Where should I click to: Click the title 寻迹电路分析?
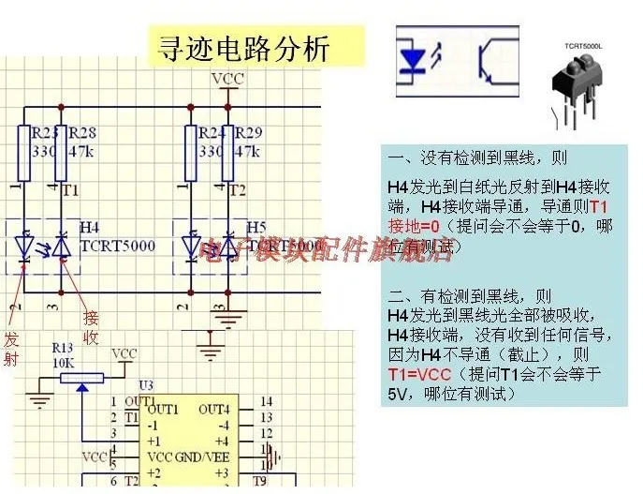point(245,48)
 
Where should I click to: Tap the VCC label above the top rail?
point(227,79)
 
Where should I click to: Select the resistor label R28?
point(82,132)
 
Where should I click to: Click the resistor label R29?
point(248,132)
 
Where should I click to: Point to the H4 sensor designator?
point(90,227)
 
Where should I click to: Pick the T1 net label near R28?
point(70,190)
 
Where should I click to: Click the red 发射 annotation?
point(11,347)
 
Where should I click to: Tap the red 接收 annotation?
point(91,327)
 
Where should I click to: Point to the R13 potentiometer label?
point(62,346)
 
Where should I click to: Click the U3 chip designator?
point(145,385)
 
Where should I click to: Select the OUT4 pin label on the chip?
point(213,409)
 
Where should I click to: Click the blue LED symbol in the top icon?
point(415,59)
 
